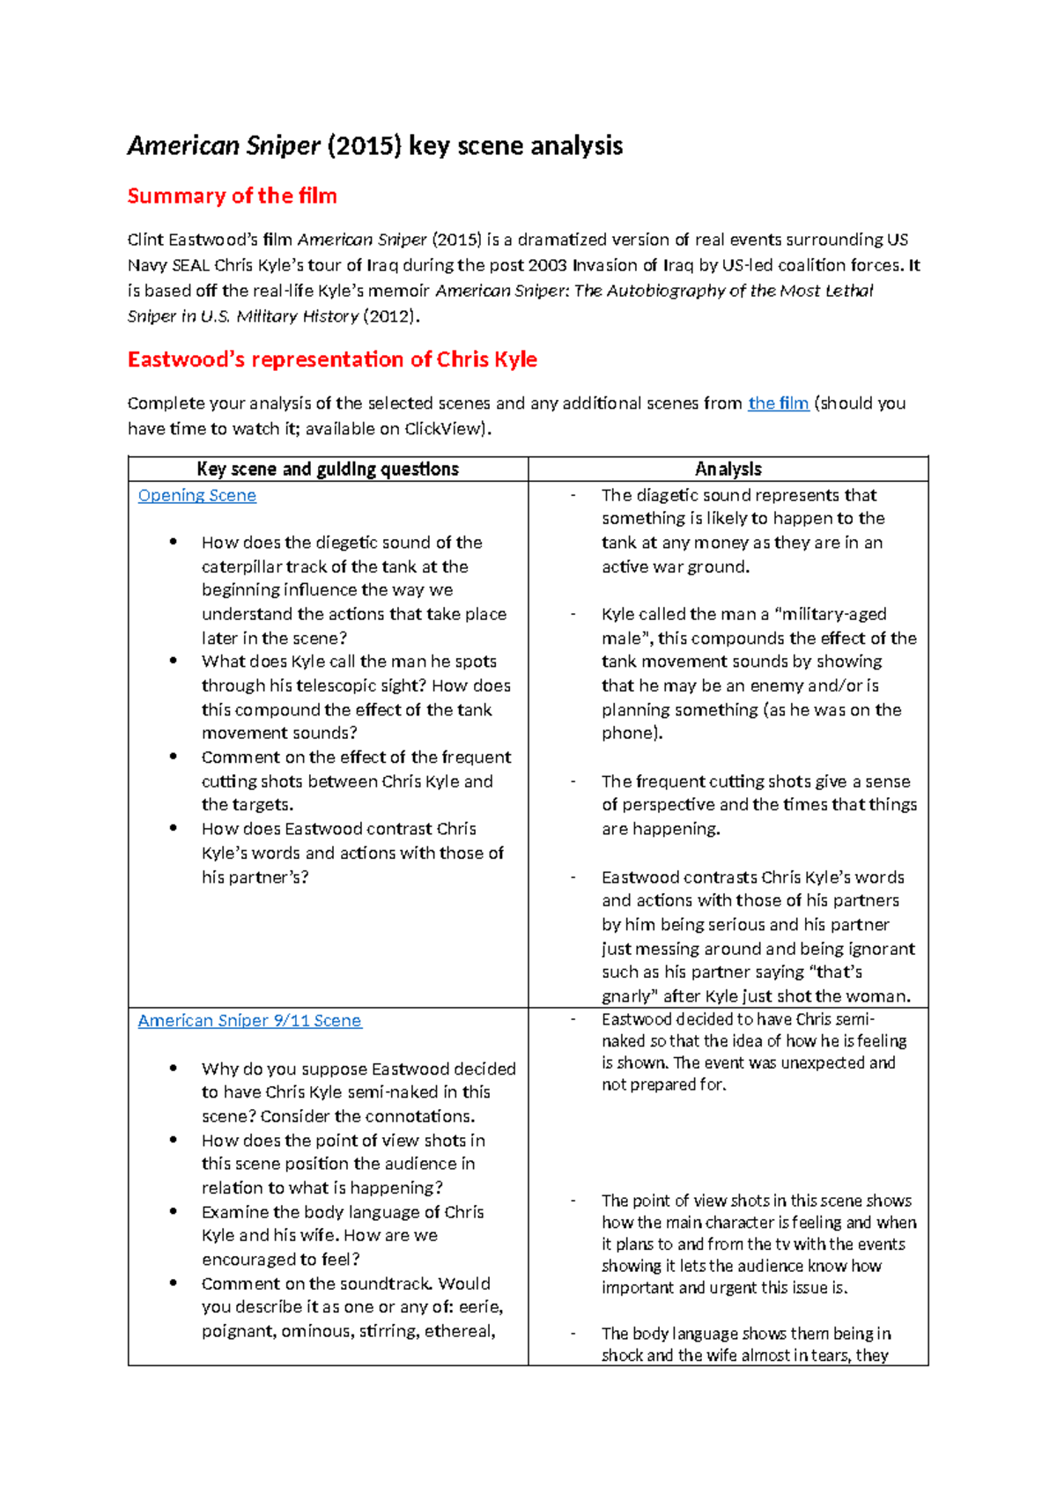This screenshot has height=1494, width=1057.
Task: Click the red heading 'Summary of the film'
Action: [x=232, y=196]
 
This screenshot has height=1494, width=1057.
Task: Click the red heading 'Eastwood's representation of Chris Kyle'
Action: [x=332, y=359]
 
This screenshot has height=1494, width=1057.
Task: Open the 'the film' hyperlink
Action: [x=778, y=403]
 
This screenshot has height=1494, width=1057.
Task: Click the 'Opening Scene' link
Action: [x=197, y=495]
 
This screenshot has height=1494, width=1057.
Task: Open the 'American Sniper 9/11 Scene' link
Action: [x=249, y=1020]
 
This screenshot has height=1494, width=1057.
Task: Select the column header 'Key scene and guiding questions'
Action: [x=328, y=469]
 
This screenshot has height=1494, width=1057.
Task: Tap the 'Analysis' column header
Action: [x=728, y=469]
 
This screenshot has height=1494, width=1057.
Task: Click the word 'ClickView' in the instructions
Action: [x=444, y=429]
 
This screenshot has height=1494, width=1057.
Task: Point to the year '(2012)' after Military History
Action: [x=388, y=316]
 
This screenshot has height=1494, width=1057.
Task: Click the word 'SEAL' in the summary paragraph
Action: [x=190, y=265]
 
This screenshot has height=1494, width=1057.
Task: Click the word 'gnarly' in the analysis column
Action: [x=629, y=996]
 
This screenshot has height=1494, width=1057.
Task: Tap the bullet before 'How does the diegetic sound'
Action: [x=174, y=542]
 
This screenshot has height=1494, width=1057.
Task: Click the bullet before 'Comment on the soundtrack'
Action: [x=174, y=1283]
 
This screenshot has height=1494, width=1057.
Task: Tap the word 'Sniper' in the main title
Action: [x=283, y=145]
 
